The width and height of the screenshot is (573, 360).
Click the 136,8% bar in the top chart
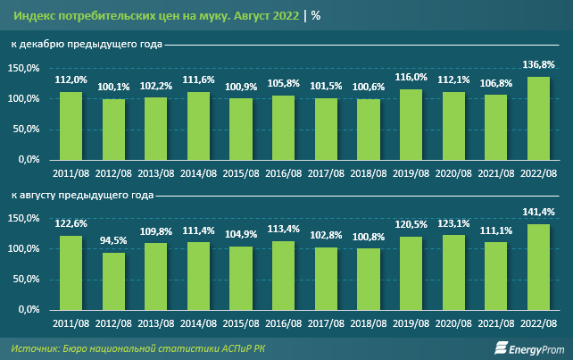(x=540, y=118)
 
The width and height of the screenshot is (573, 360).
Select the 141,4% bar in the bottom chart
(x=540, y=266)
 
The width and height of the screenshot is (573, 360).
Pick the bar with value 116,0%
(x=411, y=124)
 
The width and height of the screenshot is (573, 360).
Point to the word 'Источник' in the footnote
(x=35, y=347)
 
